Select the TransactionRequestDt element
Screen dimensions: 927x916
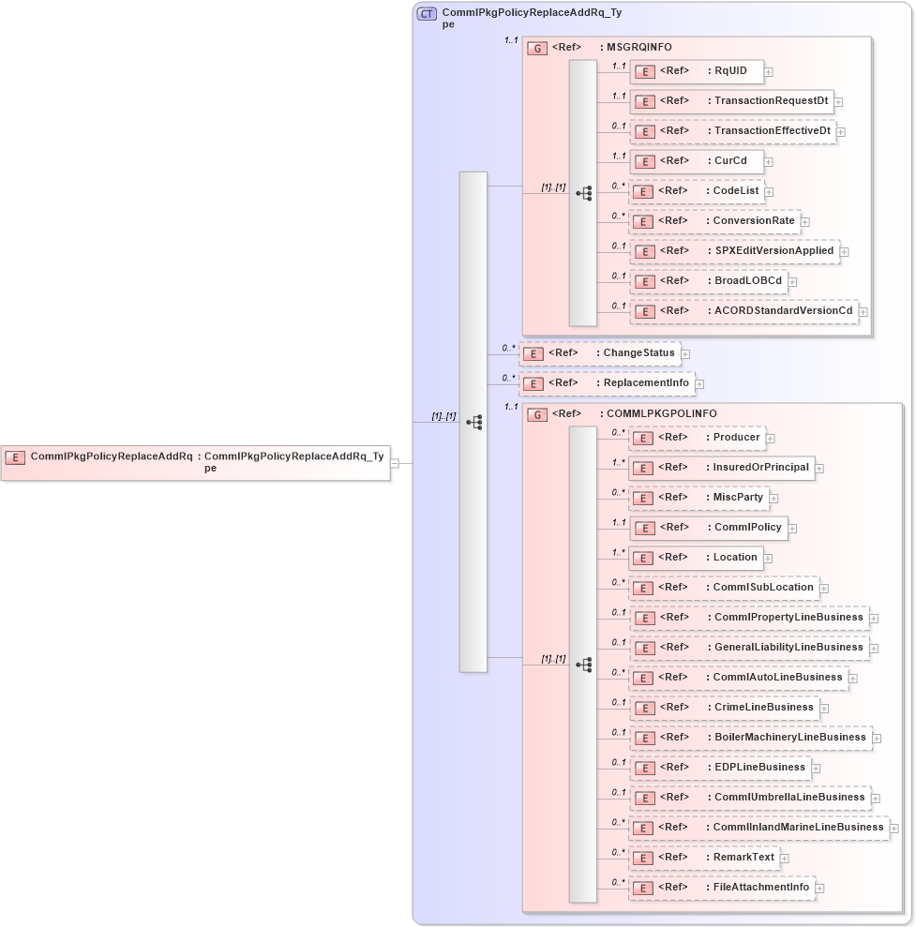[x=731, y=101]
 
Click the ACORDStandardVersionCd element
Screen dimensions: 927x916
[x=744, y=311]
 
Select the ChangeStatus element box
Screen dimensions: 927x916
[x=599, y=353]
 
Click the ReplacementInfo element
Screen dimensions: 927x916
[x=607, y=383]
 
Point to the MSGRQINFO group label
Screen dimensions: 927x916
[x=638, y=48]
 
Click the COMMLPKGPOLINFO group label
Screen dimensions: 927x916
[x=650, y=414]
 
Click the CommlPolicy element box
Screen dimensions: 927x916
[x=707, y=528]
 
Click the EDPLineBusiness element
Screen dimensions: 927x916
[x=718, y=768]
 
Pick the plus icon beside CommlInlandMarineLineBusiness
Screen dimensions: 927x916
[x=894, y=829]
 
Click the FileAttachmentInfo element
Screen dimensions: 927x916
[x=720, y=888]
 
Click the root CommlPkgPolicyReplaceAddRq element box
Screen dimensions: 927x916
[x=195, y=462]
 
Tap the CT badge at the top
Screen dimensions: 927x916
[x=427, y=14]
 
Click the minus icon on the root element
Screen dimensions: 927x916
[x=396, y=463]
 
